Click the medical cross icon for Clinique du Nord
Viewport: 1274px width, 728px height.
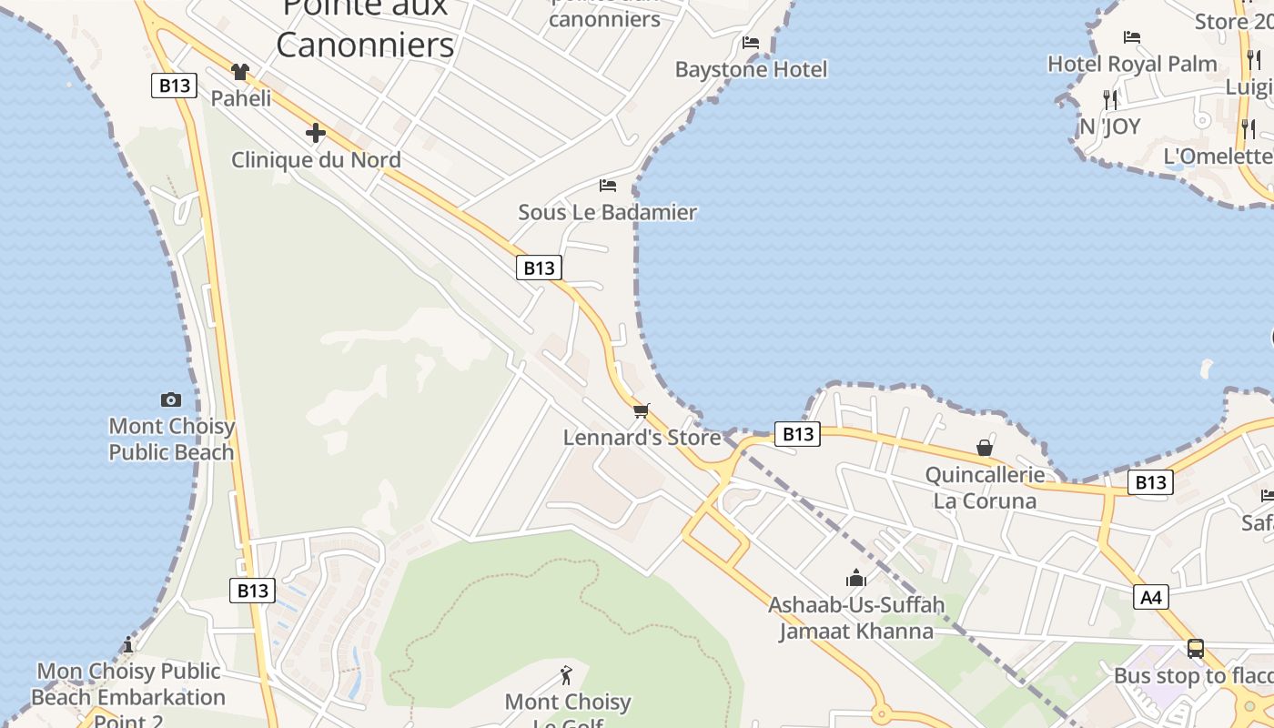click(x=316, y=133)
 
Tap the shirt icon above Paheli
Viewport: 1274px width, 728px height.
click(x=240, y=71)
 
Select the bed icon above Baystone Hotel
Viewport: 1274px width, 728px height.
click(x=751, y=43)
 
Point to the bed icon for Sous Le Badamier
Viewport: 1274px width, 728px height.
click(x=608, y=186)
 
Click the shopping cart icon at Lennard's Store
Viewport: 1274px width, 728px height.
click(x=642, y=410)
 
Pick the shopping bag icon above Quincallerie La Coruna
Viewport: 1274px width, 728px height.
click(x=985, y=448)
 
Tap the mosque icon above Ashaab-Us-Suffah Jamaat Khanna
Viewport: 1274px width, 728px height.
click(x=855, y=578)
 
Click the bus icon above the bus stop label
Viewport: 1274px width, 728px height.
click(x=1196, y=649)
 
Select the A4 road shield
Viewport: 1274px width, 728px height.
click(x=1151, y=597)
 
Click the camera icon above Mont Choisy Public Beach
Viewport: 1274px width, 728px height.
click(x=170, y=399)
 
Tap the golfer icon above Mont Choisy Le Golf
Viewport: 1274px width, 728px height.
click(x=567, y=675)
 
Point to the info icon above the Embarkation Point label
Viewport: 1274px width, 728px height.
click(x=128, y=645)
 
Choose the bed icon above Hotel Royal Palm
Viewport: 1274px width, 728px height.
click(x=1132, y=37)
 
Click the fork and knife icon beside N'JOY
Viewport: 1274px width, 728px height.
click(x=1109, y=99)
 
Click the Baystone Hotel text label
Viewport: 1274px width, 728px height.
click(x=751, y=69)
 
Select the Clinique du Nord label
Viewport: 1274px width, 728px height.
click(x=316, y=160)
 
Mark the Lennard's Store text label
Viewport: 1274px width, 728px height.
click(x=642, y=438)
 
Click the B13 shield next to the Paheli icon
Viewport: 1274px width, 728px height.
click(x=174, y=86)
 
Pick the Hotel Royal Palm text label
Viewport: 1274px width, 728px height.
click(x=1132, y=64)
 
